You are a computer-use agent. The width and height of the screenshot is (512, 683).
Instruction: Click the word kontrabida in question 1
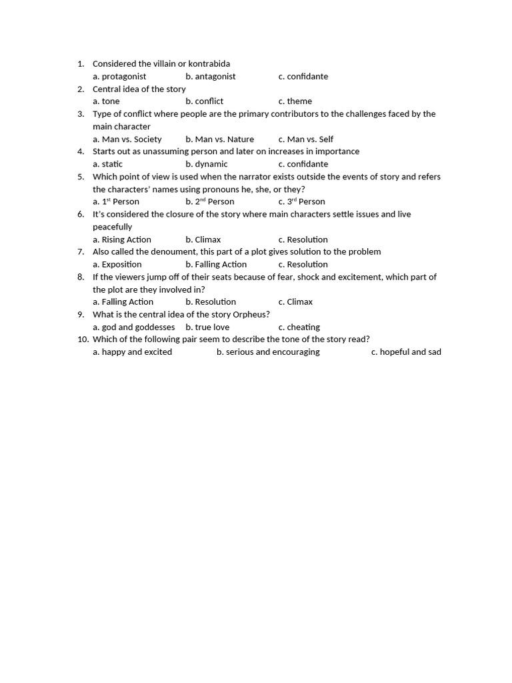pos(208,64)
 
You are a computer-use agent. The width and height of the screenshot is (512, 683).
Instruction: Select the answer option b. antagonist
pos(211,77)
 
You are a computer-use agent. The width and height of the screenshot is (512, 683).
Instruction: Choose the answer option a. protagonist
pos(119,77)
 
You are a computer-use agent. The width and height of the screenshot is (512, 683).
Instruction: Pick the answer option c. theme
pos(295,101)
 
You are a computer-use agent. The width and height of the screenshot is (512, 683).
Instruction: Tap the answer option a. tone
pos(107,101)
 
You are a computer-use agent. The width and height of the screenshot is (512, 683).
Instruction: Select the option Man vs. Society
pos(127,139)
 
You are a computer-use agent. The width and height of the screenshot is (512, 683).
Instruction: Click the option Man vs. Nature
pos(220,139)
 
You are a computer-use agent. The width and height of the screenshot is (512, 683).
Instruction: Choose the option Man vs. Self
pos(306,139)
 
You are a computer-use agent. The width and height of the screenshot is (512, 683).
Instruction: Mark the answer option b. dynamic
pos(207,164)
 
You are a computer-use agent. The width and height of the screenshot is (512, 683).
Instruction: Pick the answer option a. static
pos(108,164)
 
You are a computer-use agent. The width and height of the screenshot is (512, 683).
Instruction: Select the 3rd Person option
pos(302,201)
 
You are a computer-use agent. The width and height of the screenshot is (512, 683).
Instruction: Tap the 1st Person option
pos(116,201)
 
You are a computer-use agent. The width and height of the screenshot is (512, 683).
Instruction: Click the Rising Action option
pos(122,239)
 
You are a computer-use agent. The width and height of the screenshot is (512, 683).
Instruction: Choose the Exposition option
pos(117,265)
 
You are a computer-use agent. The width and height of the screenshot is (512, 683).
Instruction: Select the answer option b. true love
pos(207,327)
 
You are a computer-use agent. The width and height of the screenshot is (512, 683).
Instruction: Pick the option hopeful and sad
pos(406,352)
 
